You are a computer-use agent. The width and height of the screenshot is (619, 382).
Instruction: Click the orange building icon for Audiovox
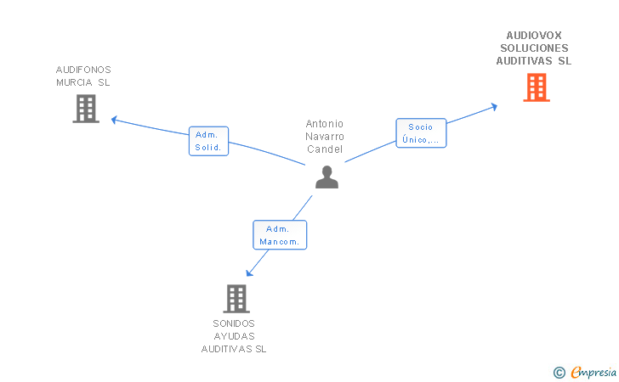click(x=537, y=87)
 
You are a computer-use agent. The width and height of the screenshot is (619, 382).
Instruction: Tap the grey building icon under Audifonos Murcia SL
click(x=86, y=109)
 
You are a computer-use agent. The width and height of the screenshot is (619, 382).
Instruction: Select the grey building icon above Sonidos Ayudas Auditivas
click(x=236, y=299)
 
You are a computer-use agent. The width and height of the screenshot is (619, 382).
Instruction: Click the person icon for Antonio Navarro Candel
click(x=327, y=177)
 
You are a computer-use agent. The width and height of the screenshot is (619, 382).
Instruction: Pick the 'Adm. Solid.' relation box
click(x=209, y=141)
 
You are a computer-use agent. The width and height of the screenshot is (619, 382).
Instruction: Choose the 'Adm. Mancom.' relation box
click(x=280, y=235)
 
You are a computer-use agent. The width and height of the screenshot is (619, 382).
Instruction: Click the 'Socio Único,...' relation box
click(x=421, y=133)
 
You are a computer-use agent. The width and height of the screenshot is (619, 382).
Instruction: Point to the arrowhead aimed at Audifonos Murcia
click(x=114, y=120)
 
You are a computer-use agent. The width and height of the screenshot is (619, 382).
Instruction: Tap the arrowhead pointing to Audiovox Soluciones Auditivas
click(x=494, y=107)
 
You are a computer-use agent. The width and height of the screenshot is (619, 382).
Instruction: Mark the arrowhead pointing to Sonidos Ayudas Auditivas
click(x=249, y=272)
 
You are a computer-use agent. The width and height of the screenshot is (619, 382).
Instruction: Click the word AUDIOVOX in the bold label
click(x=534, y=36)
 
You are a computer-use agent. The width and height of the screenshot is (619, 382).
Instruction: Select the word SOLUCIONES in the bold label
click(x=534, y=48)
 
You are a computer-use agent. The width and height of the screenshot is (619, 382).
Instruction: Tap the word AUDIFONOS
click(x=83, y=70)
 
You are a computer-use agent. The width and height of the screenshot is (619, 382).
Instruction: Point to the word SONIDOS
click(x=234, y=323)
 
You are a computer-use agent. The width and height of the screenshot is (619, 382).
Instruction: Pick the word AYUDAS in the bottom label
click(x=234, y=336)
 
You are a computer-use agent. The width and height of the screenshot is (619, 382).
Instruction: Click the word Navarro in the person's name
click(x=325, y=137)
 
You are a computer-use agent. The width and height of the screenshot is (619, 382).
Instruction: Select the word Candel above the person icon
click(x=325, y=149)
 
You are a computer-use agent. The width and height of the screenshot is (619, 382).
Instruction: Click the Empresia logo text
click(x=593, y=372)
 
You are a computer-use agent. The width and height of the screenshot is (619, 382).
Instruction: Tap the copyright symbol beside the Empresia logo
click(x=559, y=373)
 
